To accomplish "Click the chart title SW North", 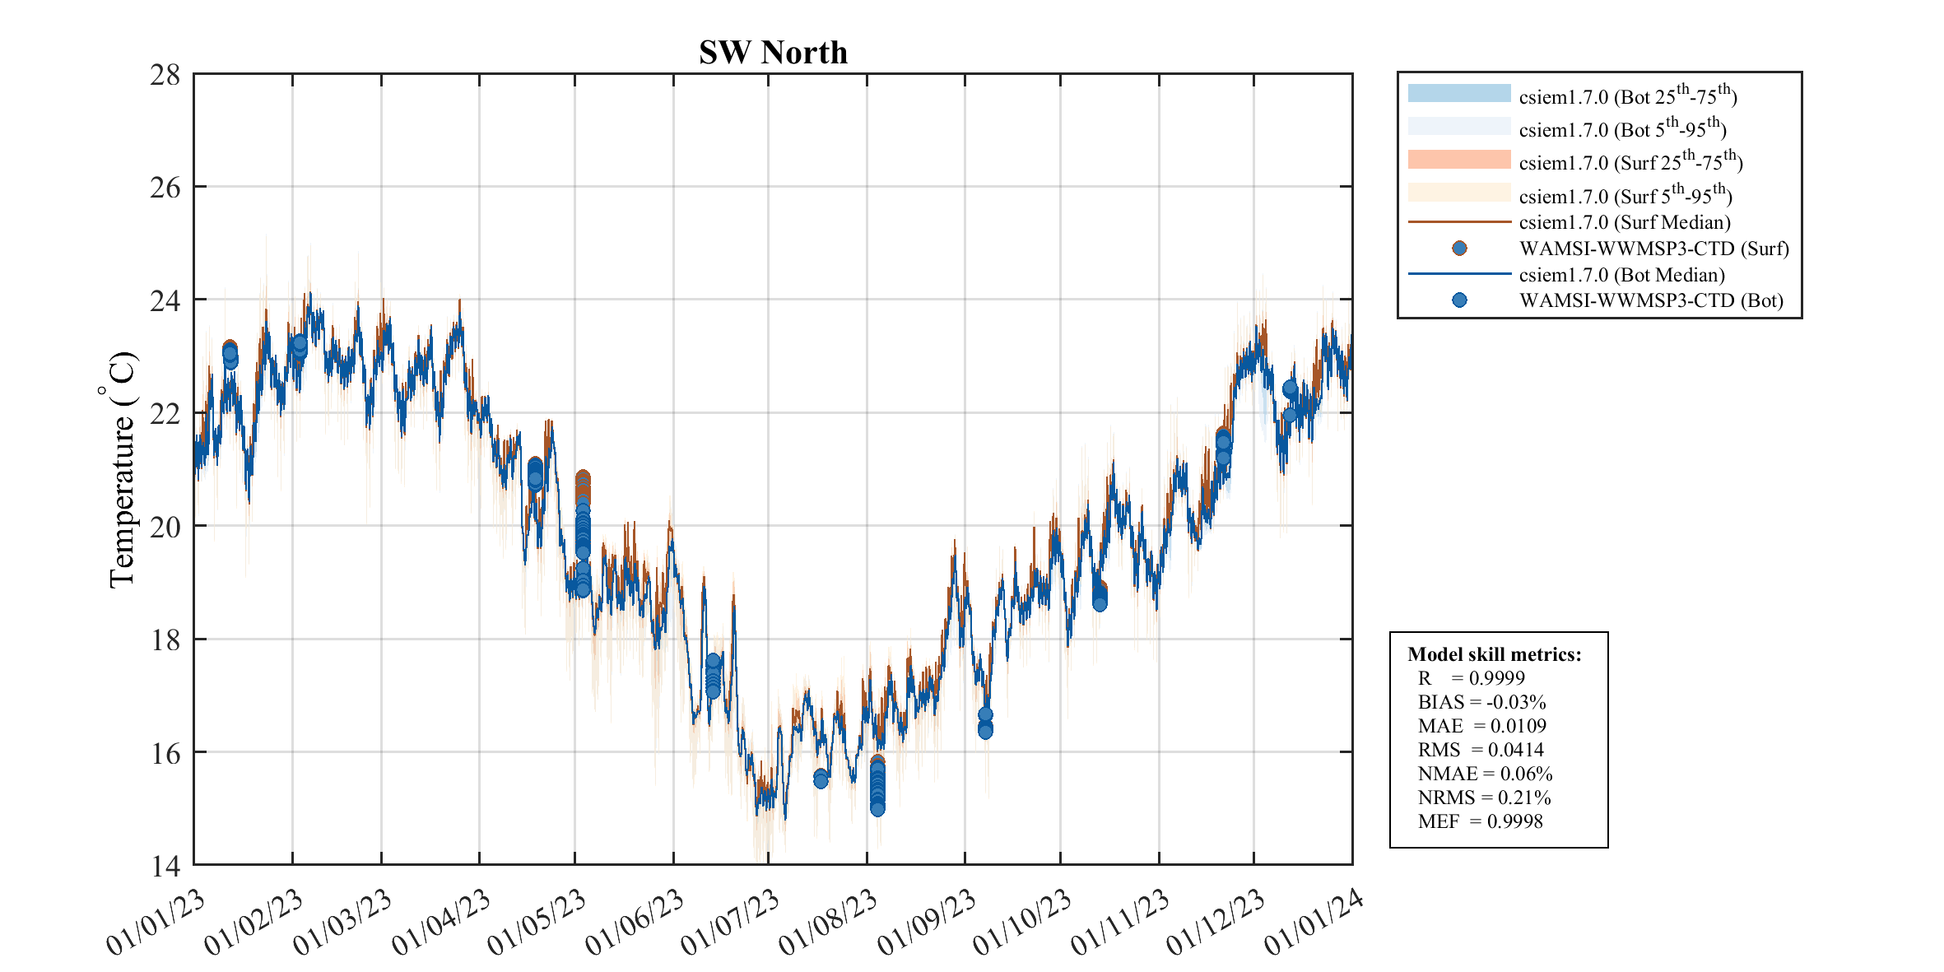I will [773, 53].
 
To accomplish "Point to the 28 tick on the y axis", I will [165, 75].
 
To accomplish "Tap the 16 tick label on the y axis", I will [165, 753].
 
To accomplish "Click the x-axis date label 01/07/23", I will [731, 922].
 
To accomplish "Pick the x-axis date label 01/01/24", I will [1314, 922].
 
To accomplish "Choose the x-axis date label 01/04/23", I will [441, 922].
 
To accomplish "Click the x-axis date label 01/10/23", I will [1022, 922].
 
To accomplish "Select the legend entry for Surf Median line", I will [1625, 222].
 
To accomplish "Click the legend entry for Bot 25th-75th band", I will [1627, 96].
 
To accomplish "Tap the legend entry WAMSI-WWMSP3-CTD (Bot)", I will [1650, 300].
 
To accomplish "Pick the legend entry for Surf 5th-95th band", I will [1625, 196].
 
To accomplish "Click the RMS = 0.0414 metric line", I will [1480, 750].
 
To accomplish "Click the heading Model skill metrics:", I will [1494, 654].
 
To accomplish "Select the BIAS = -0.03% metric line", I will [1481, 702].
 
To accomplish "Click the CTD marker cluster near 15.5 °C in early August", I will [877, 786].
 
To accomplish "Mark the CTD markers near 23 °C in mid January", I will [230, 354].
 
